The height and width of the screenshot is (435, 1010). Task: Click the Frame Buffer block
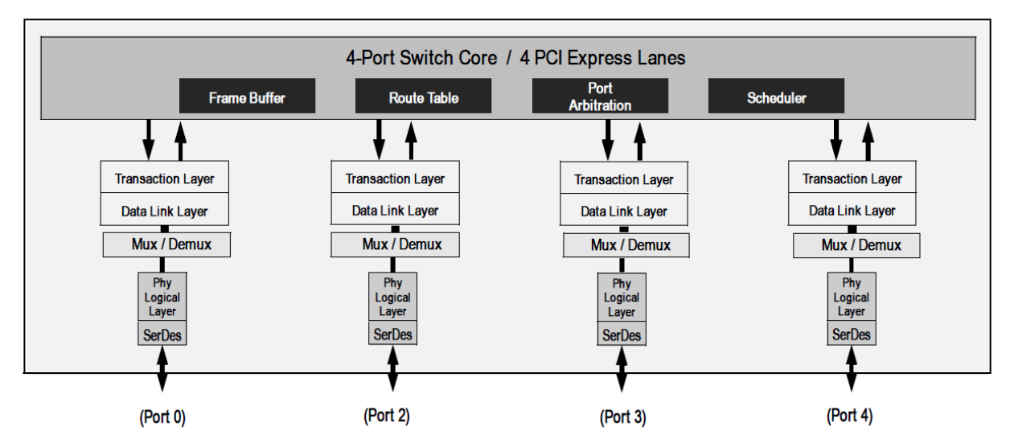coord(247,98)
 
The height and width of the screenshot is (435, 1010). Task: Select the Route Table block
coord(424,98)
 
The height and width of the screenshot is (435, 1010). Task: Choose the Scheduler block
coord(776,98)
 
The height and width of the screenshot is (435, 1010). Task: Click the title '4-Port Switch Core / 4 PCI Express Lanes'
coord(505,60)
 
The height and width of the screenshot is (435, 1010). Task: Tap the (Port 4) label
coord(852,416)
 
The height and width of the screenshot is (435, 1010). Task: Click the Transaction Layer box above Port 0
coord(165,179)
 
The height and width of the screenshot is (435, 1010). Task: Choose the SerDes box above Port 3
coord(621,335)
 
